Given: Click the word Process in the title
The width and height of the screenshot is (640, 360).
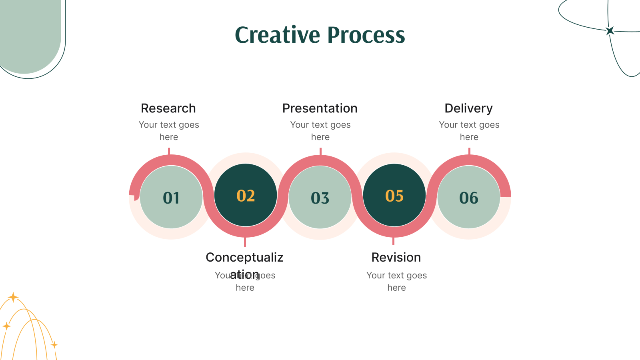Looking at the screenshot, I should [x=366, y=35].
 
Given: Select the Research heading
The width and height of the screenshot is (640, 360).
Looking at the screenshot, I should [x=168, y=108].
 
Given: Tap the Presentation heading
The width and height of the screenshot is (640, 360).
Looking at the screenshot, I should [x=320, y=108].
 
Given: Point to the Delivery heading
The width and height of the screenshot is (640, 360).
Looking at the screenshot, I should [x=469, y=108].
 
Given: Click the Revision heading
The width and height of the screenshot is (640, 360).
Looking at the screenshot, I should [x=396, y=257].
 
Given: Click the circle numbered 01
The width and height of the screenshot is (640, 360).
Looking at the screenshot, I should [x=171, y=198].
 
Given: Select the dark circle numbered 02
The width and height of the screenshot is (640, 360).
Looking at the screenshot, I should [x=246, y=196].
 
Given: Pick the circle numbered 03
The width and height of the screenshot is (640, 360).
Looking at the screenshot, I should [x=320, y=198].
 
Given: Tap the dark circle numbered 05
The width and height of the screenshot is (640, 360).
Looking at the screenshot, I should [x=394, y=196].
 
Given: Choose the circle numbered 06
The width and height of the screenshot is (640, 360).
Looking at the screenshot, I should [x=469, y=198].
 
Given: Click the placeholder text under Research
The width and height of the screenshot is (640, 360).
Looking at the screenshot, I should [x=169, y=131].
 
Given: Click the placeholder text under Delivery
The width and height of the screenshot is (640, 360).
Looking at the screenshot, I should [x=469, y=131].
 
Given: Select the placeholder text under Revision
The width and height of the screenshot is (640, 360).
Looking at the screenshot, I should [x=396, y=281].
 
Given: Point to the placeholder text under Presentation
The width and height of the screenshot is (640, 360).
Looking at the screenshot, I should [x=320, y=131].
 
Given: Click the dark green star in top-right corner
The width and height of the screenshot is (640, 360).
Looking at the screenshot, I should [x=610, y=31].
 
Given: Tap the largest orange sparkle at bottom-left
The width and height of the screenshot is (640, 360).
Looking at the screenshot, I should [x=13, y=297].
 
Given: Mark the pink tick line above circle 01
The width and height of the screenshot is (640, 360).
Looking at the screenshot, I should [x=169, y=151].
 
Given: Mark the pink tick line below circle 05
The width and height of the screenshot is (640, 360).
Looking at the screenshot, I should [x=394, y=241].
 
